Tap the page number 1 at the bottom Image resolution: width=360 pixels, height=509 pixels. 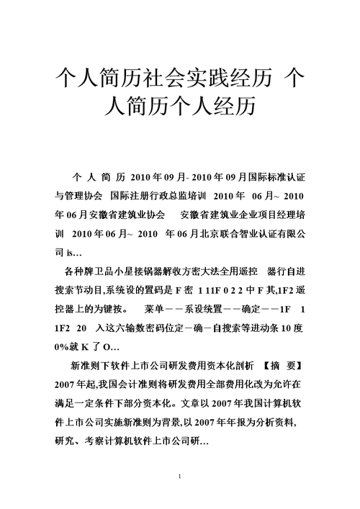coord(180,478)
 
